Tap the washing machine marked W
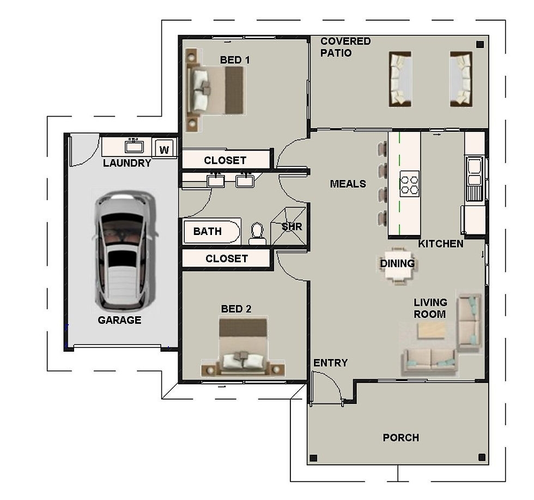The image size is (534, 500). click(164, 148)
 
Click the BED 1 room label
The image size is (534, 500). click(235, 60)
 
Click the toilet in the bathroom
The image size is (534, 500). click(257, 235)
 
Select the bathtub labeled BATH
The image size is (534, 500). click(211, 232)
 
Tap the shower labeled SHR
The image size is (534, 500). click(291, 226)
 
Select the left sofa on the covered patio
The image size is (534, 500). click(400, 79)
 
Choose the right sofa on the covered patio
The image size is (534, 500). click(460, 79)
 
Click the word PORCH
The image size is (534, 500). click(400, 438)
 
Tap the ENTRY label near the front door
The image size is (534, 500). click(330, 363)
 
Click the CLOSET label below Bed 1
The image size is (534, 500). click(225, 160)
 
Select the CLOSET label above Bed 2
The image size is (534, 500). click(227, 258)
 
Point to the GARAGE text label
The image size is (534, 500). click(119, 320)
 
